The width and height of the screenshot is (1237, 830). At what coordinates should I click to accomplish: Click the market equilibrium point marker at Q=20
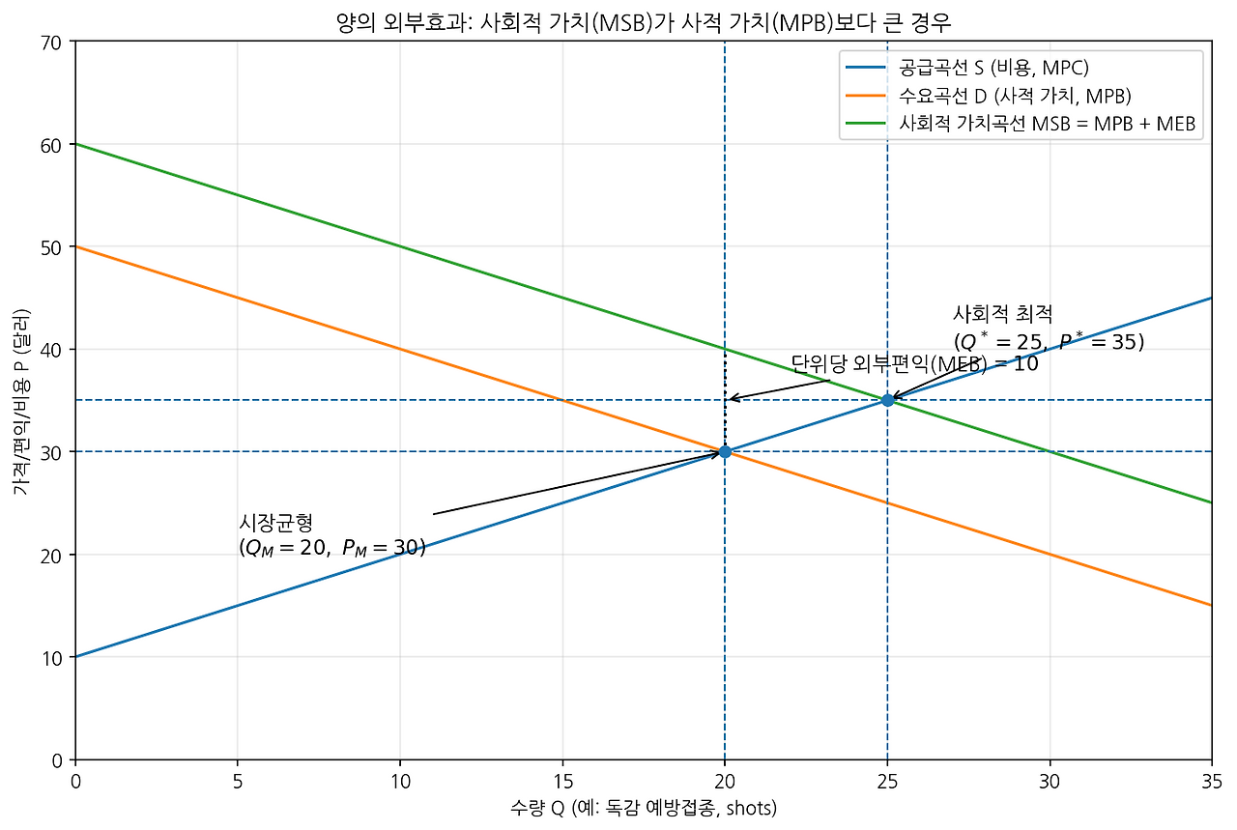[725, 451]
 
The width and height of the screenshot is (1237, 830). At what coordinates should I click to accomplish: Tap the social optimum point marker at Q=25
[887, 400]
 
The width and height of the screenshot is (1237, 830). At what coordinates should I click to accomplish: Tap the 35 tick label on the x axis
[1211, 780]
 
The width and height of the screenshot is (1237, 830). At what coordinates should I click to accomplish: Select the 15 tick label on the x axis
[562, 780]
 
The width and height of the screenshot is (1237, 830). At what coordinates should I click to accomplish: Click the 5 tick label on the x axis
[237, 780]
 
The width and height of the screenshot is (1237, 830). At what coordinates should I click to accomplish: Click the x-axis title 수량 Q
[643, 808]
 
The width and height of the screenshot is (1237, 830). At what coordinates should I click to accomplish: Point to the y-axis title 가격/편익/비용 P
[20, 401]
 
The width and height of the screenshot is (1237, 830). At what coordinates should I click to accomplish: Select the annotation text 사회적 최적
[1003, 314]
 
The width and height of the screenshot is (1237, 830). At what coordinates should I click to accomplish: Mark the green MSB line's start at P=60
[75, 144]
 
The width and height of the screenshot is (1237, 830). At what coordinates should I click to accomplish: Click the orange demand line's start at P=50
[75, 246]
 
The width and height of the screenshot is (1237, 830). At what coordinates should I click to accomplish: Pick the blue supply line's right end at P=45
[1210, 299]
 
